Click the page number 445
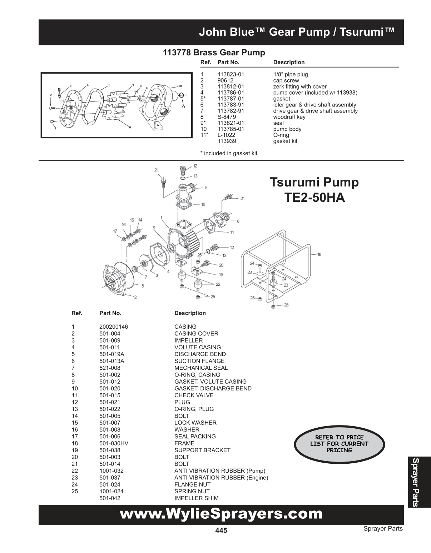point(221,530)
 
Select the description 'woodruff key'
point(289,117)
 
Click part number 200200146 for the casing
point(113,327)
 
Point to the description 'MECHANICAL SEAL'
point(201,368)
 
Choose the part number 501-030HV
point(114,443)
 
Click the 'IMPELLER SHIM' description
point(196,498)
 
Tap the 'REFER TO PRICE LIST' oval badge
point(339,444)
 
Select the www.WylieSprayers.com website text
point(221,514)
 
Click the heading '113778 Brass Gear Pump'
point(214,53)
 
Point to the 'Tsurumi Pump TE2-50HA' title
point(314,189)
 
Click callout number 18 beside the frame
point(319,254)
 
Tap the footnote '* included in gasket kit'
point(229,153)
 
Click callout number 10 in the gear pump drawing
point(180,86)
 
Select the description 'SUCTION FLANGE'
point(199,361)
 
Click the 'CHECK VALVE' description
point(194,395)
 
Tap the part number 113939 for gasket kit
point(226,141)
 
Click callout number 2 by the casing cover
point(135,297)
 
